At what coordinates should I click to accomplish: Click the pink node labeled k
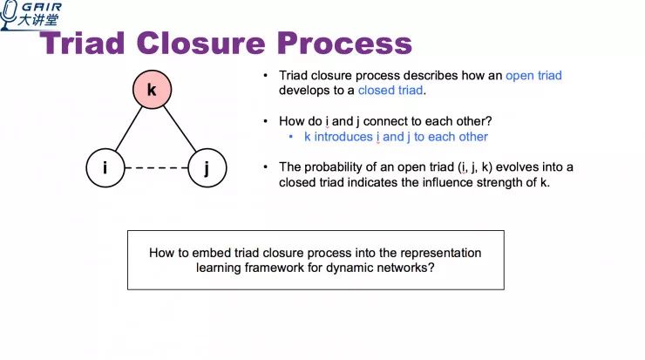coord(152,91)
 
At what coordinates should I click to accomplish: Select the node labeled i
coord(105,167)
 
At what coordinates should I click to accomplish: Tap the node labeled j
coord(206,167)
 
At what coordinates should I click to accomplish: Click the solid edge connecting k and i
coord(127,130)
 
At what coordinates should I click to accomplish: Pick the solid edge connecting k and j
coord(179,130)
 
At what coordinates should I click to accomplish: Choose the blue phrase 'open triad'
coord(533,76)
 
